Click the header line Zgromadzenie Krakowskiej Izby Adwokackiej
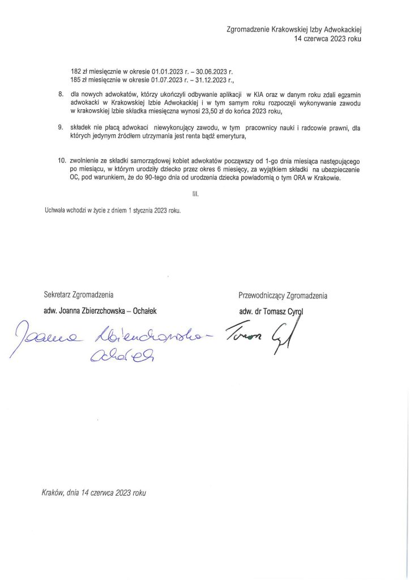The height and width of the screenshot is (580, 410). (x=293, y=29)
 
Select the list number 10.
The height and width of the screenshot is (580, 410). (x=62, y=161)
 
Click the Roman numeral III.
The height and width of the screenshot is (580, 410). (x=196, y=194)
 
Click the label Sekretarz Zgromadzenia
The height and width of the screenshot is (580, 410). (x=79, y=295)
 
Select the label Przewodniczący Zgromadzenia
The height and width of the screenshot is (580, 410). (x=283, y=295)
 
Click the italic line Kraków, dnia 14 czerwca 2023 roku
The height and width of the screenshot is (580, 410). (x=94, y=493)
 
